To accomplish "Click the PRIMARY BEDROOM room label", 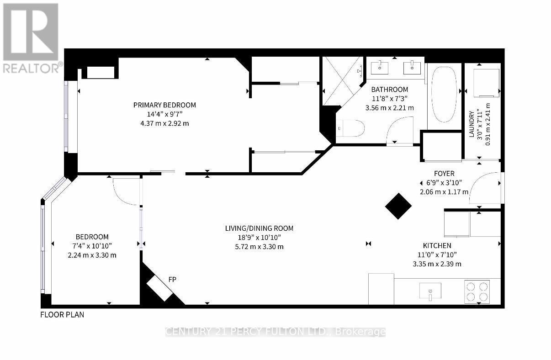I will (164, 105).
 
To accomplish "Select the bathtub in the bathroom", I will (444, 95).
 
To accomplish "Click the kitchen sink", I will (430, 291).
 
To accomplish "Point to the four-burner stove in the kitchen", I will (477, 291).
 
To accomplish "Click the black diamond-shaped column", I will (398, 206).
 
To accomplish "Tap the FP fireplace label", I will (173, 279).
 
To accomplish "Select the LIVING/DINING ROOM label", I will (259, 228).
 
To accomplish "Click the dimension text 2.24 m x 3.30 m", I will (91, 255).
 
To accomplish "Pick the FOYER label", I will (444, 174).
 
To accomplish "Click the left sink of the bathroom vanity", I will (380, 68).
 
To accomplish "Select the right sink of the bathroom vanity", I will (413, 68).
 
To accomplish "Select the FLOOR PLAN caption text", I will (62, 314).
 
